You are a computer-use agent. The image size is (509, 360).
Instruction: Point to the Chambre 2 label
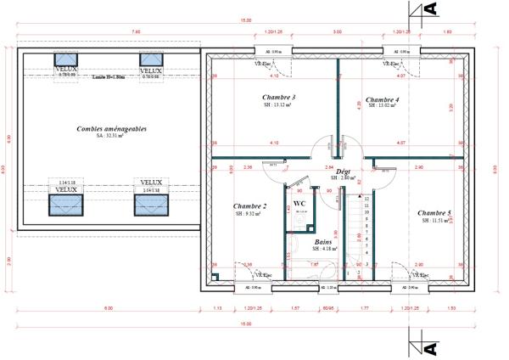250,206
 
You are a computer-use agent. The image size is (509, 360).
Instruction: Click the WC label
299,204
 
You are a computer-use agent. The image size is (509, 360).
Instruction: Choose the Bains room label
323,241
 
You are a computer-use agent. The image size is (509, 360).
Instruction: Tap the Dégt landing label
344,172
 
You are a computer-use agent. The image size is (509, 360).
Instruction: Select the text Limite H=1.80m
109,77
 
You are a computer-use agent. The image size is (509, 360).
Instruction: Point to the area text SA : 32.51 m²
110,136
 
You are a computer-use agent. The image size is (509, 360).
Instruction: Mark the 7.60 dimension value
111,32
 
